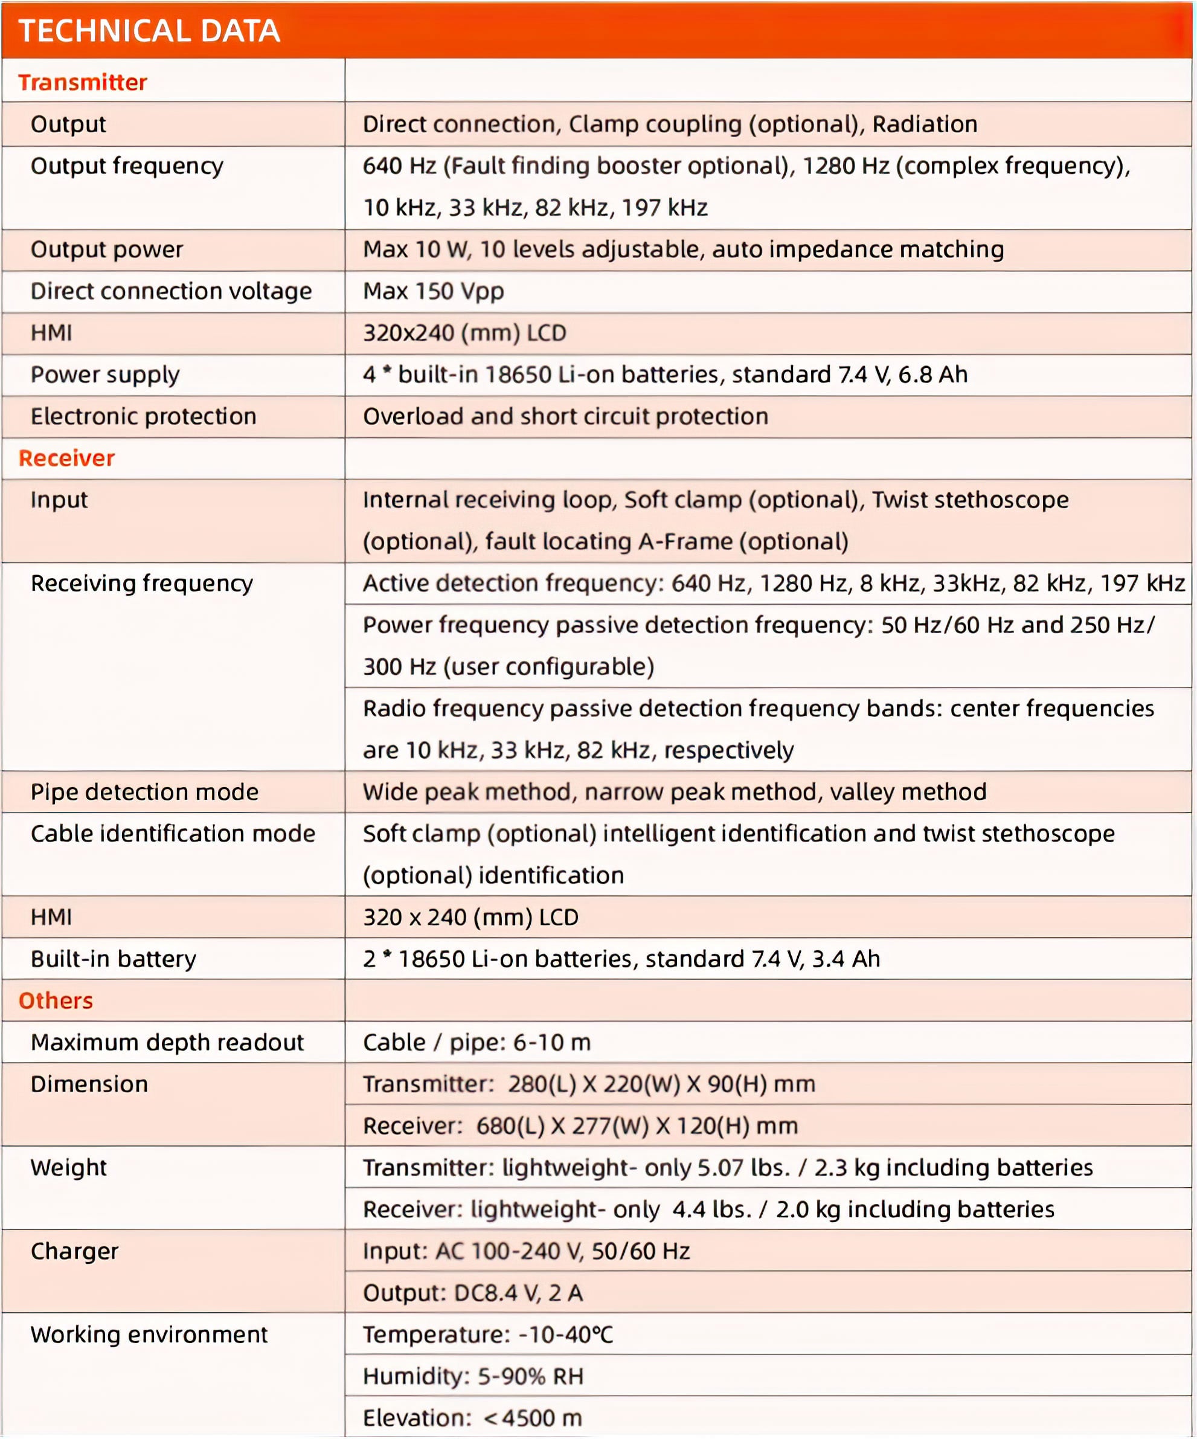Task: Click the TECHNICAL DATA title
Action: tap(149, 31)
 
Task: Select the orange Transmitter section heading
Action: tap(82, 82)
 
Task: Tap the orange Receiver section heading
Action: tap(66, 458)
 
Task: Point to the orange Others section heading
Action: tap(56, 1000)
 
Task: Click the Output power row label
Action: tap(107, 249)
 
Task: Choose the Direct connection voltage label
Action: tap(172, 291)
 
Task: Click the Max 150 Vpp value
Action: tap(433, 291)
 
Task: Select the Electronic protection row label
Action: tap(143, 417)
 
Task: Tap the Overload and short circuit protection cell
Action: tap(565, 417)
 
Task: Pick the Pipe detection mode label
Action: tap(144, 792)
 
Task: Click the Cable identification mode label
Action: tap(173, 834)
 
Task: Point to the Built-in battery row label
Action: tap(113, 959)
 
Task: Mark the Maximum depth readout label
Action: tap(167, 1042)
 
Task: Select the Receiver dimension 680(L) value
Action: tap(580, 1126)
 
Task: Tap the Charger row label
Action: tap(74, 1251)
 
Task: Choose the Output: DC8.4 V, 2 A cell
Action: tap(473, 1293)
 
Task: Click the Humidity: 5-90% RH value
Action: tap(473, 1376)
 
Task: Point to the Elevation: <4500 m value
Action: tap(472, 1418)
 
